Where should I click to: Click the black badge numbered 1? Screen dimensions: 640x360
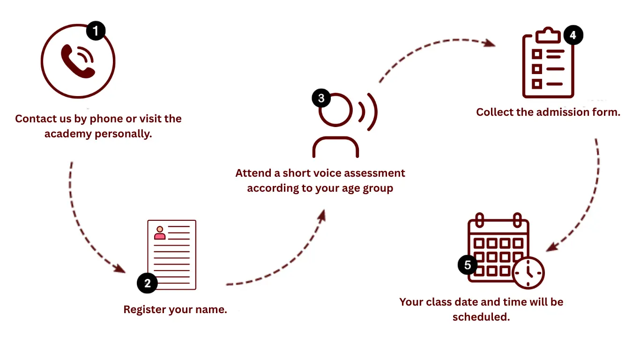(96, 30)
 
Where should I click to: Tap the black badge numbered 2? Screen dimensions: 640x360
(147, 283)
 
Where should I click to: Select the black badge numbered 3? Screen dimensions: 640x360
(321, 98)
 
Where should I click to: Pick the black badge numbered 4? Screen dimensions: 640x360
(573, 35)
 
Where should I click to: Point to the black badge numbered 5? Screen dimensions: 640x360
(468, 265)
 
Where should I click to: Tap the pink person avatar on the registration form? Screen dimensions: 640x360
(160, 233)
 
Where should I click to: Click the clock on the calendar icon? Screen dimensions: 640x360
(528, 273)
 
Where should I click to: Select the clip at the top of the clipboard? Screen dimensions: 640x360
(548, 35)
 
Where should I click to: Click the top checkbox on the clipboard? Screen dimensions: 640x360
(537, 54)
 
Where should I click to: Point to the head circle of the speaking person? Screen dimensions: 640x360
(335, 110)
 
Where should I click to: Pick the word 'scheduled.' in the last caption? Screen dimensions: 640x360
(481, 317)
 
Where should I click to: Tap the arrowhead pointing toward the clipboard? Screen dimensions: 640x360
(489, 43)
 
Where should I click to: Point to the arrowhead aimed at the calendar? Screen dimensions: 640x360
(552, 247)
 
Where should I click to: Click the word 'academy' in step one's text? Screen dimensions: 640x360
(68, 134)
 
